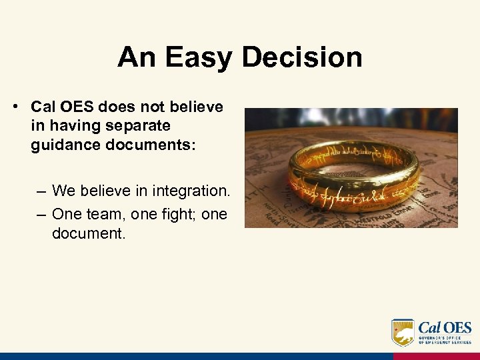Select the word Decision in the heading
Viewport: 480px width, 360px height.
tap(301, 57)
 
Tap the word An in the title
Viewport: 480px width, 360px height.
tap(137, 57)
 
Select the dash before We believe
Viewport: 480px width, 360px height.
tap(41, 191)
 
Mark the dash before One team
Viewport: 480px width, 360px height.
tap(41, 215)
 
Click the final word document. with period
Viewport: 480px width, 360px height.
tap(88, 235)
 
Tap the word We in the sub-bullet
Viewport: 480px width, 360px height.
tap(63, 191)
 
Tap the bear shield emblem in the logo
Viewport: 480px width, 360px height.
tap(403, 332)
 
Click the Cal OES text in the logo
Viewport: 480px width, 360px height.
tap(445, 328)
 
